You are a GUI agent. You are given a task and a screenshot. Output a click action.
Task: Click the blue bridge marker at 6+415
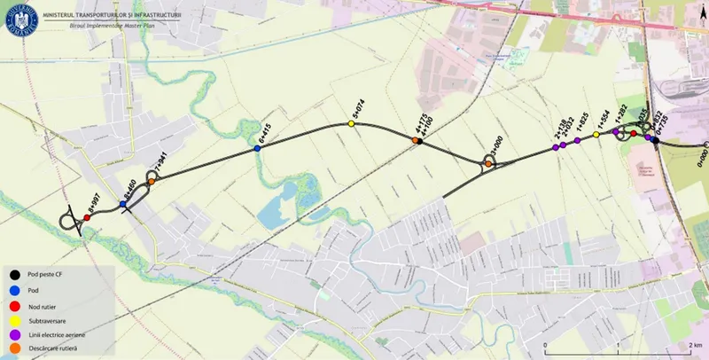coord(258,150)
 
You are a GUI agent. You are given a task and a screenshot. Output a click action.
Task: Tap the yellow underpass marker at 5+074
coord(351,124)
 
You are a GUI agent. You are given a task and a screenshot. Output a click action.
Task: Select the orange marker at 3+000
coord(487,163)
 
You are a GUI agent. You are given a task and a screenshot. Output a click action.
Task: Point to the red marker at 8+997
coord(87,217)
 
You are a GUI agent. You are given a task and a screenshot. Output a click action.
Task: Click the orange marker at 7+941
coord(152,182)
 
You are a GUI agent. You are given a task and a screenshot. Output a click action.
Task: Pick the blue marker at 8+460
coord(123,205)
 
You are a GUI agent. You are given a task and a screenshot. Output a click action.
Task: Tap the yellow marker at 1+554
coord(596,135)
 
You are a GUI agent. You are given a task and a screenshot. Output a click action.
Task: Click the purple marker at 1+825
coord(577,141)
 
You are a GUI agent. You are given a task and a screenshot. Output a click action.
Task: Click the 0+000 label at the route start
coord(701,158)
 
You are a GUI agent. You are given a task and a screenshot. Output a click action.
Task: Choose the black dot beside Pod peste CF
coord(16,274)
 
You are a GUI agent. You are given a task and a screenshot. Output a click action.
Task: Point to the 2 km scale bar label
coord(694,344)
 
